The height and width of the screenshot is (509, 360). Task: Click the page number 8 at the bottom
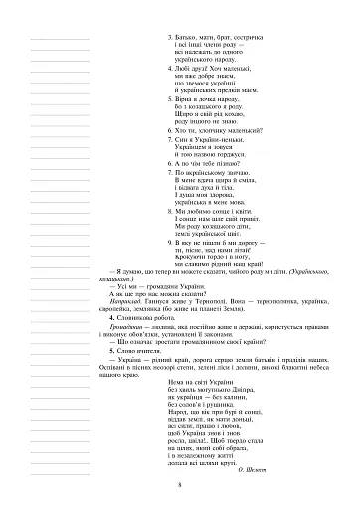coord(180,485)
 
